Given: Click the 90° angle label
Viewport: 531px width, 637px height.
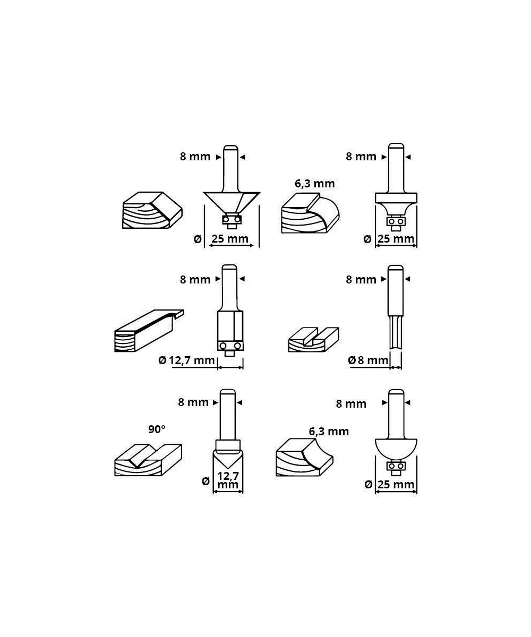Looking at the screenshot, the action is click(x=157, y=429).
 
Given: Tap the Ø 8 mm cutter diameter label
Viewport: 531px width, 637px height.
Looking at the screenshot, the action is click(x=368, y=360).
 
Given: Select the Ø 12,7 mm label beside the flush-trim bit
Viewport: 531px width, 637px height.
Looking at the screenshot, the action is click(x=186, y=360).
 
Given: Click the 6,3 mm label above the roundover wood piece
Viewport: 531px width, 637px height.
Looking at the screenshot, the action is click(x=315, y=184).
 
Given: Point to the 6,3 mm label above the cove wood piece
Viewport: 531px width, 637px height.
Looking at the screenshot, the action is click(x=329, y=432).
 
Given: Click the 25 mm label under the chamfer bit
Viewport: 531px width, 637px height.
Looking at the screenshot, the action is click(x=230, y=239).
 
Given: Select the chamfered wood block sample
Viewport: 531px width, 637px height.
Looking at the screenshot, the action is click(x=152, y=210).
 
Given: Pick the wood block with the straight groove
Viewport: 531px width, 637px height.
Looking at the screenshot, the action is click(x=313, y=340).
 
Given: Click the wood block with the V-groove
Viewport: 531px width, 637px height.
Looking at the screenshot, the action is click(x=148, y=460).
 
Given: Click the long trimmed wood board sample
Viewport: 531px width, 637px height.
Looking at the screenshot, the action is click(x=149, y=331).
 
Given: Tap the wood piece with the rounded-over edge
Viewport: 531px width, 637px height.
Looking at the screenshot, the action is click(x=310, y=213).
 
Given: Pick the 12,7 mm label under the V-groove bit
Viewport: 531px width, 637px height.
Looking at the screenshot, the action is click(x=228, y=480).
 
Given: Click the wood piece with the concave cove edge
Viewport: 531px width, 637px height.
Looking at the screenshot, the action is click(x=304, y=457).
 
